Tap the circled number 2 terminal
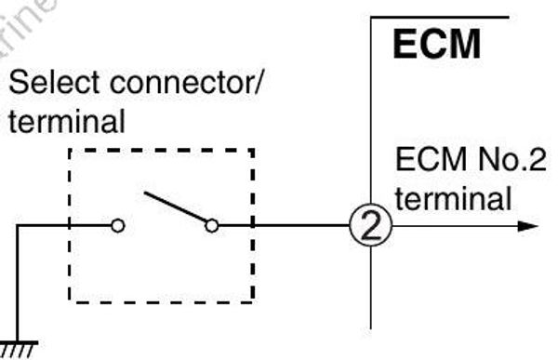[x=370, y=226]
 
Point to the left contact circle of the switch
[x=117, y=225]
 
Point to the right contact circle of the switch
[x=211, y=225]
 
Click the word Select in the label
[x=46, y=89]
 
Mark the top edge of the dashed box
[x=161, y=150]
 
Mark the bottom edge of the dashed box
[x=161, y=301]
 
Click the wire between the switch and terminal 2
[x=288, y=225]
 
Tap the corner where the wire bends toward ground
[x=18, y=225]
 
